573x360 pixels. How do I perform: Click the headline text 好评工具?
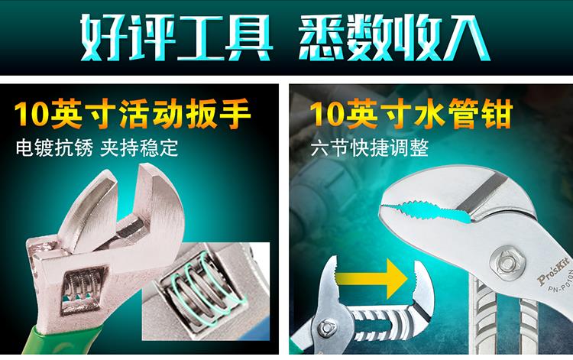[176, 37]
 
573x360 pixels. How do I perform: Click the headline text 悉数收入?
[394, 37]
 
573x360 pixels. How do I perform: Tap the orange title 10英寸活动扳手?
[133, 114]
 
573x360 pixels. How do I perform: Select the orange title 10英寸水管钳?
[411, 114]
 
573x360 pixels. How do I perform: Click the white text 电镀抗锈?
[54, 148]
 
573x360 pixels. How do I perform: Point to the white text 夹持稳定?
[139, 148]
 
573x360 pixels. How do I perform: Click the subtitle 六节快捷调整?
[370, 148]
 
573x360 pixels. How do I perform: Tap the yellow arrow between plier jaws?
[371, 279]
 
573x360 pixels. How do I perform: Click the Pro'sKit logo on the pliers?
[553, 271]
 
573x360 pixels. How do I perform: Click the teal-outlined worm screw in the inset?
[205, 289]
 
